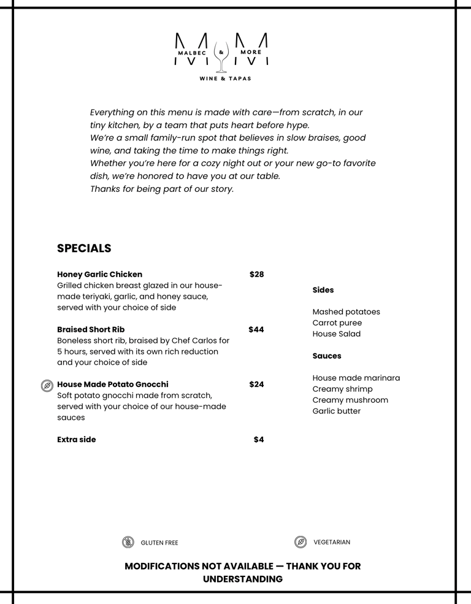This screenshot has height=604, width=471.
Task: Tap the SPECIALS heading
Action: [x=84, y=248]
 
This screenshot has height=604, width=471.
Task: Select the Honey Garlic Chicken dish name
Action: [x=99, y=274]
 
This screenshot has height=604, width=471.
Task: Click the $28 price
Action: [x=256, y=274]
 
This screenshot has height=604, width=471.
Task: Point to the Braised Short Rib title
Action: [x=91, y=329]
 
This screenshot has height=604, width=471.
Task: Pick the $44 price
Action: [x=256, y=329]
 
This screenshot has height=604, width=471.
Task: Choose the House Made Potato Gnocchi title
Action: [x=112, y=384]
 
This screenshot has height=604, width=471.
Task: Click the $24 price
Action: [x=256, y=384]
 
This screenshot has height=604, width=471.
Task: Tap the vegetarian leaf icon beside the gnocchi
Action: [x=47, y=385]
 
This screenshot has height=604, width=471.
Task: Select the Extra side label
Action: [x=77, y=440]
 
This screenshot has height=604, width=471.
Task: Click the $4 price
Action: [x=259, y=440]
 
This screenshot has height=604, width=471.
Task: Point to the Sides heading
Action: [x=323, y=290]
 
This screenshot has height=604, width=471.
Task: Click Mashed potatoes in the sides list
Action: [x=346, y=312]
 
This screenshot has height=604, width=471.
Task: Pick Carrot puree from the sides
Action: [x=337, y=323]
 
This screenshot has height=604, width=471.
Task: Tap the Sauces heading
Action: [x=327, y=356]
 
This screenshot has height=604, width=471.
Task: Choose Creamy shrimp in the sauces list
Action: [x=342, y=389]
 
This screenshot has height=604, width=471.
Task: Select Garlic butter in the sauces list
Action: [x=337, y=411]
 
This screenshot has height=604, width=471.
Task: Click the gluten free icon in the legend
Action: [x=128, y=542]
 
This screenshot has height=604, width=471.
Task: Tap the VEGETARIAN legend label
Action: [x=332, y=542]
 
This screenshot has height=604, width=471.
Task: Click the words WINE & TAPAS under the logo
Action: [x=225, y=78]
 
